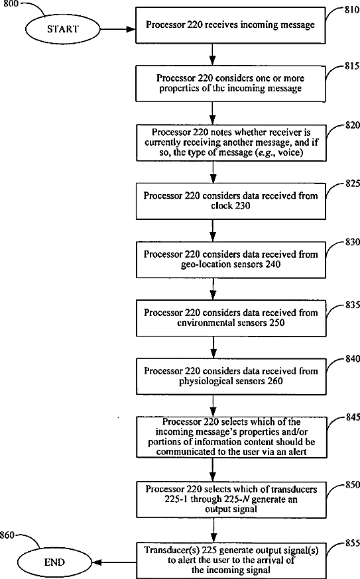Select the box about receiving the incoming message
(231, 25)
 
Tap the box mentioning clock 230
(231, 201)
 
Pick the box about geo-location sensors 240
(231, 259)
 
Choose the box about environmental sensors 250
(231, 317)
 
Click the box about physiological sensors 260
(231, 376)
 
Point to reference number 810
(352, 10)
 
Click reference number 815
(352, 66)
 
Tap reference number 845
(353, 417)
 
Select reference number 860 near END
(7, 535)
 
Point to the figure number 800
(11, 4)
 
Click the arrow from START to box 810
(118, 28)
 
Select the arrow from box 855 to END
(114, 562)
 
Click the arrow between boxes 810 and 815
(212, 54)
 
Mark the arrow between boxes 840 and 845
(213, 405)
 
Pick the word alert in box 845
(298, 452)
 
